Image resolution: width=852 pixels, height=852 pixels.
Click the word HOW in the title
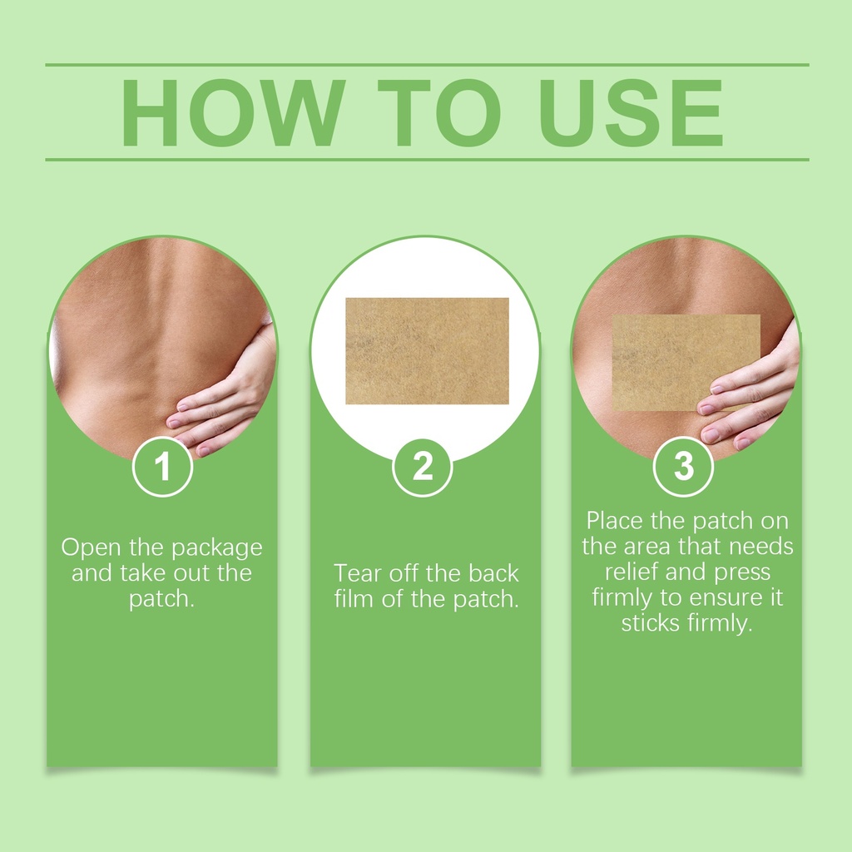233,113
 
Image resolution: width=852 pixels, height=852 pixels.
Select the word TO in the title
439,113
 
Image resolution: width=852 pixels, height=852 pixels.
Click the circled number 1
162,467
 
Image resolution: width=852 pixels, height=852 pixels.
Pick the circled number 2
423,467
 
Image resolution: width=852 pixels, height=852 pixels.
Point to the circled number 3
684,467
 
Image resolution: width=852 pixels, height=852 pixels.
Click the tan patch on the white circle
427,351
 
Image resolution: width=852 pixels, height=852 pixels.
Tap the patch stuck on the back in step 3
686,363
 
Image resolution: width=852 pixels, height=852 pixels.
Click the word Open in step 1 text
92,548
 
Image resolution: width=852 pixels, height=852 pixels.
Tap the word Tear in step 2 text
358,573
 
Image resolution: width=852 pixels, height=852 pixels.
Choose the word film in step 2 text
354,599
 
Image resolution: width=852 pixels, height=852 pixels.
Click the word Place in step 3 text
615,521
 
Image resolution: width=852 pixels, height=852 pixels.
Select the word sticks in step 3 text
651,623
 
